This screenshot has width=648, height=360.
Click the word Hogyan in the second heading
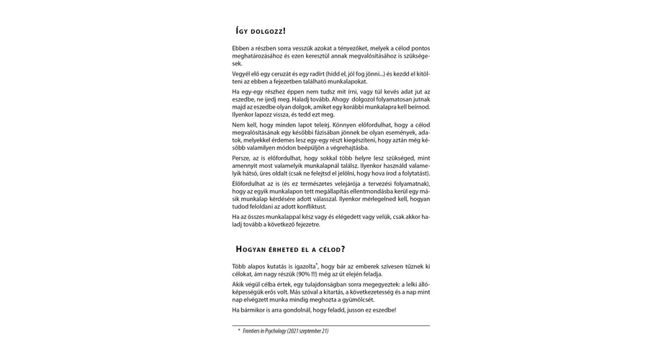(252, 249)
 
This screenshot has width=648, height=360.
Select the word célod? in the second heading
(329, 249)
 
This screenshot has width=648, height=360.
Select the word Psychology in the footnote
(277, 331)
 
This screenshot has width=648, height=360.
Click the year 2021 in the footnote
(300, 331)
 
